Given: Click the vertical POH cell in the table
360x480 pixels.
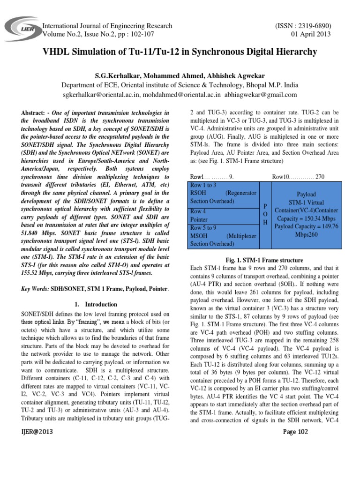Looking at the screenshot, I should (265, 214).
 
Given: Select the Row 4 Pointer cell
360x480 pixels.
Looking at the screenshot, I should (199, 215).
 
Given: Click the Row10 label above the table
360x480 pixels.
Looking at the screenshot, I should (283, 177).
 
